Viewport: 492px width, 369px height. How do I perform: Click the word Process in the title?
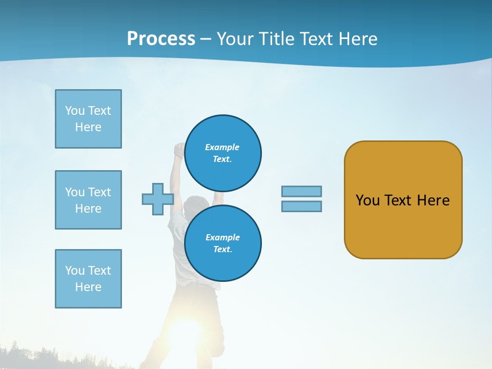coord(161,39)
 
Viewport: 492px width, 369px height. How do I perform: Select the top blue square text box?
coord(88,119)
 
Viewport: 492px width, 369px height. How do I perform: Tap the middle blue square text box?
coord(88,200)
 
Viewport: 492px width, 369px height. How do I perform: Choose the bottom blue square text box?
coord(88,279)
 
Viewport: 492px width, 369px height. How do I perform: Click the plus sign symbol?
coord(157,199)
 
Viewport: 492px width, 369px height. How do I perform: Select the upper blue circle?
coord(222,153)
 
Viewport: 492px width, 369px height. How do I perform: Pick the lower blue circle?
coord(222,243)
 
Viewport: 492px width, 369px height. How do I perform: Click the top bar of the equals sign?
coord(301,191)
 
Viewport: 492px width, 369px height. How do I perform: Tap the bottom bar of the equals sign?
coord(301,206)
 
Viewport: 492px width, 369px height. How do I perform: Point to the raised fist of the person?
coord(179,149)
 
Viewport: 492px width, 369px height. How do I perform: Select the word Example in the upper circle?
coord(222,147)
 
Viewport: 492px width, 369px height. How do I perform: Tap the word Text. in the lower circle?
coord(222,250)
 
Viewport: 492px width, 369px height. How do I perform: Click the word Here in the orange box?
coord(433,200)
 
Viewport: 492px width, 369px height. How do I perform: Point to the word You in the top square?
coord(74,111)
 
